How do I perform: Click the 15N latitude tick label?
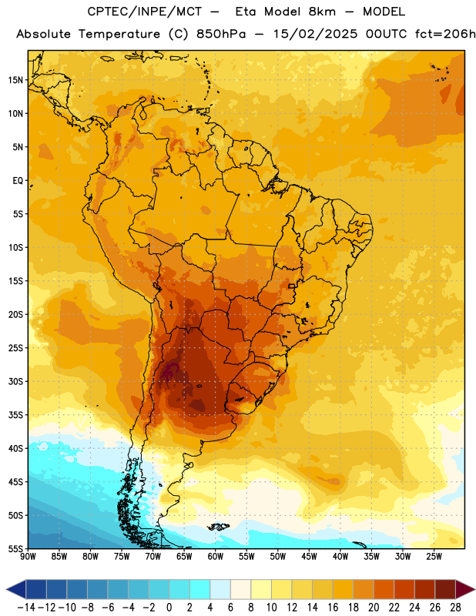[x=15, y=80]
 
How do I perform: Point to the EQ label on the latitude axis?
[x=18, y=181]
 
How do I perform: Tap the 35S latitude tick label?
[x=15, y=415]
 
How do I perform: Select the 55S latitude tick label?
[x=15, y=549]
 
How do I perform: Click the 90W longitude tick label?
[x=28, y=557]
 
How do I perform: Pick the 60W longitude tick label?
[x=216, y=557]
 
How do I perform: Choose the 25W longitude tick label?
[x=434, y=557]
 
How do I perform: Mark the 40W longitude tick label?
[x=340, y=557]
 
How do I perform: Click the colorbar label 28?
[x=455, y=608]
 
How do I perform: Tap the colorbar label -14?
[x=26, y=608]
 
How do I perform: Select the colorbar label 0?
[x=169, y=608]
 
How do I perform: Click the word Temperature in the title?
[x=119, y=34]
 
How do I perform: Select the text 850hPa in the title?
[x=221, y=34]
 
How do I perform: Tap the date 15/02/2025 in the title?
[x=315, y=34]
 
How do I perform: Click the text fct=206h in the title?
[x=445, y=34]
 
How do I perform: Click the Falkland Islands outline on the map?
[x=219, y=527]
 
